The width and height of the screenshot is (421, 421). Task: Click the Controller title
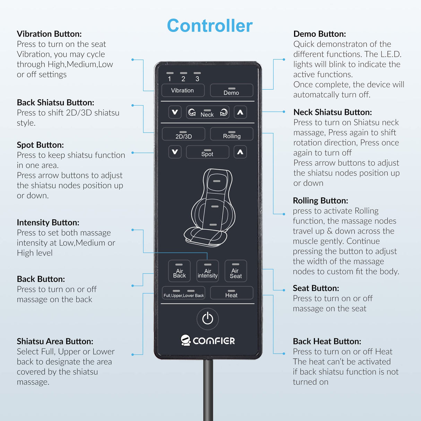(210, 26)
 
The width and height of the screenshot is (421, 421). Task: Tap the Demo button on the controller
(232, 90)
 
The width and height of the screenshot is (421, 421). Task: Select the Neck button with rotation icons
(207, 112)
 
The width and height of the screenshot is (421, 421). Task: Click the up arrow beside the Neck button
(240, 112)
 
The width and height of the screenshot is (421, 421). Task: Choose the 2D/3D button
(183, 134)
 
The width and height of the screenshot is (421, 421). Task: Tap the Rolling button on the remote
(232, 134)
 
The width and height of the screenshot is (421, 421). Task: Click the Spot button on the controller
(207, 152)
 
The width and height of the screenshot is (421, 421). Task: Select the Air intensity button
(207, 271)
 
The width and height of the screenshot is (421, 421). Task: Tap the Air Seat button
(236, 271)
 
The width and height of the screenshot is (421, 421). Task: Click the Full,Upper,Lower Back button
(183, 293)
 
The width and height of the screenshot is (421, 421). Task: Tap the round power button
(207, 319)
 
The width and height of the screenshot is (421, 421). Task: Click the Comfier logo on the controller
(207, 340)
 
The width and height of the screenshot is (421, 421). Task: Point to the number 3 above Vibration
(197, 79)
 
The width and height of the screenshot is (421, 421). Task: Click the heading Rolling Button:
(320, 200)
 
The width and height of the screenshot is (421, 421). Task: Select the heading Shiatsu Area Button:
(55, 341)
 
